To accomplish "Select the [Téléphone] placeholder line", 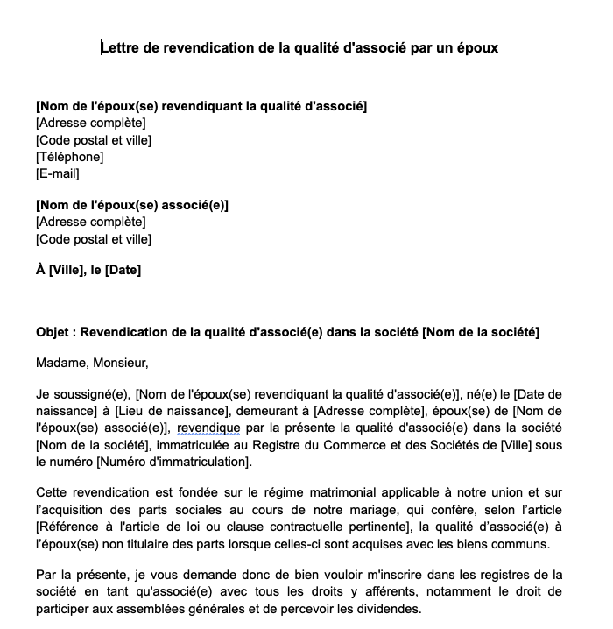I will point(70,157).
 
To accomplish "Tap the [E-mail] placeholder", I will point(58,173).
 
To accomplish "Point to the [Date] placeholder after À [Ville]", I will point(123,270).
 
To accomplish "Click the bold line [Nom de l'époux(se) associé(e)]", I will point(132,205).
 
